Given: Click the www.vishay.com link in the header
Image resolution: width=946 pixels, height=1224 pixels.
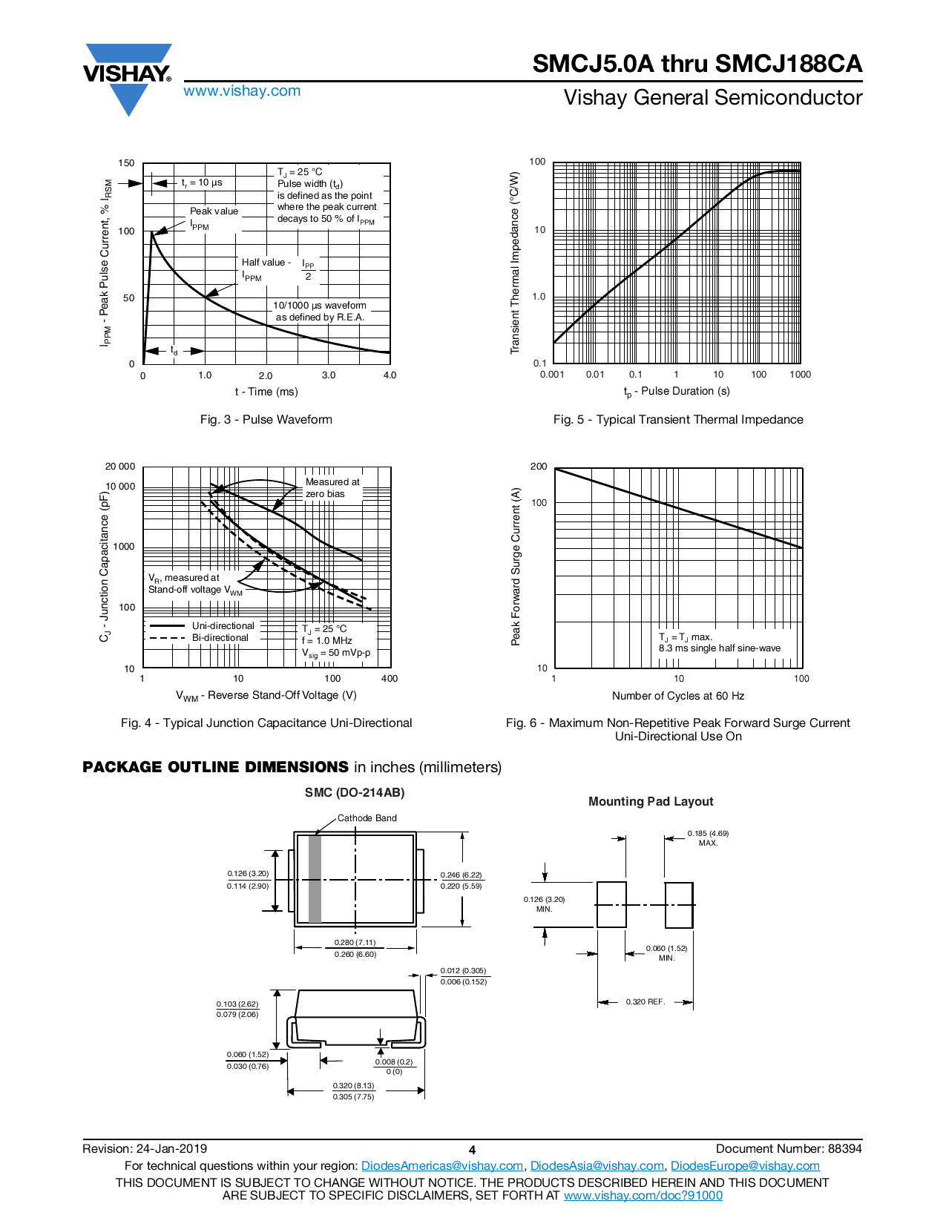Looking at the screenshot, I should point(242,91).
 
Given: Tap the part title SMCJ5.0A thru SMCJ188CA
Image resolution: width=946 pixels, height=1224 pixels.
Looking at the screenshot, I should point(697,64).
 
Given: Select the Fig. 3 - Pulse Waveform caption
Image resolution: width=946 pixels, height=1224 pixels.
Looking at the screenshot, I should point(266,420).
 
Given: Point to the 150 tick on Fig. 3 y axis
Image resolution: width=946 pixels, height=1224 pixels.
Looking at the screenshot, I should point(127,163).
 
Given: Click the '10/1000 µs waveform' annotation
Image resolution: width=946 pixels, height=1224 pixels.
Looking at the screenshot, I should point(320,306).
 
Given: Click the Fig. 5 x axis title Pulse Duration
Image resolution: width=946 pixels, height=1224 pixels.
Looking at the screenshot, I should point(677,392).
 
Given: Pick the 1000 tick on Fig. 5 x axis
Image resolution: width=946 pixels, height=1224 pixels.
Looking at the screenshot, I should point(800,375).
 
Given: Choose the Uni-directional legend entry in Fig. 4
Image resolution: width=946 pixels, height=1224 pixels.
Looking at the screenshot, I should point(223,626).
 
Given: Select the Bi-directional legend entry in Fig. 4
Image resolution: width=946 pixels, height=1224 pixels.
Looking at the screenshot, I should point(220,638).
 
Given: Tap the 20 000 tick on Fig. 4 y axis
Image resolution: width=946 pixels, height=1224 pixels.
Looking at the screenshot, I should point(120,467).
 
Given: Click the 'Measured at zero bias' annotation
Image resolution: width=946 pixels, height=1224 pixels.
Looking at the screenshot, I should point(332,488).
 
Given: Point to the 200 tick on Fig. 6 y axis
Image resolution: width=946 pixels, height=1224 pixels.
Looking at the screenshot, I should point(539,467).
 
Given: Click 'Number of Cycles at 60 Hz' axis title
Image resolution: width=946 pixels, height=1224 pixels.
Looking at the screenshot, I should point(677,696).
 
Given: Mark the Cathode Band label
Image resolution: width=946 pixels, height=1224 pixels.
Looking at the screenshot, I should point(367,818).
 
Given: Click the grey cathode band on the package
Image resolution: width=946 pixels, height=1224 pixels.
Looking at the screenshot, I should point(315,879).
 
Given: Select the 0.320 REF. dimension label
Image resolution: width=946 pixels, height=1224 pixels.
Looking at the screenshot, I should point(645,1002).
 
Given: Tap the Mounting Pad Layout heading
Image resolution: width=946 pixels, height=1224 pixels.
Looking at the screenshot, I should point(650,802).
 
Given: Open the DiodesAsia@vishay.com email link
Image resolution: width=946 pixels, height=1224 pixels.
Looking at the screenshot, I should point(597,1166).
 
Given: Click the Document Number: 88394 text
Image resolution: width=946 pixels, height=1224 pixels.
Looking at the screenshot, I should point(789,1149).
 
